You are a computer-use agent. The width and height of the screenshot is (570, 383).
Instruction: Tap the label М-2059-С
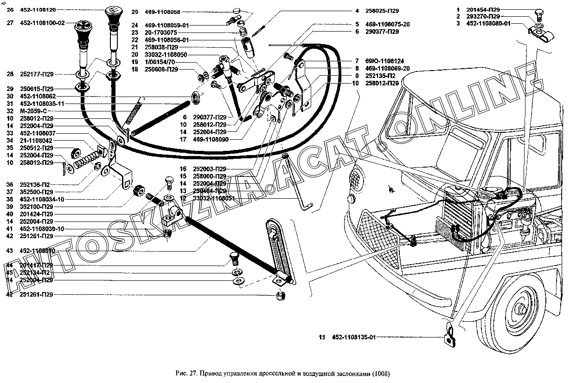click(36, 111)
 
